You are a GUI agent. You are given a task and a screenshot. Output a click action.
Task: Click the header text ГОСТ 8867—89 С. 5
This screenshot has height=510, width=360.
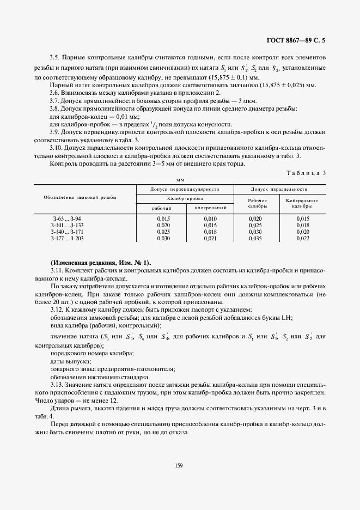299,40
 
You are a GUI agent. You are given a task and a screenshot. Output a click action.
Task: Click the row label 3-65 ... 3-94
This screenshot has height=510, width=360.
66,218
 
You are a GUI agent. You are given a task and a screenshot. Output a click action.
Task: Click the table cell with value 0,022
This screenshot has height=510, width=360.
302,238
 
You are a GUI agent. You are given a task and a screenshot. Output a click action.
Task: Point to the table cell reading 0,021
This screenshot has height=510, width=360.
210,238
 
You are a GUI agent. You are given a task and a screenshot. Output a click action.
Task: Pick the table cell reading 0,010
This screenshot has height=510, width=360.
210,218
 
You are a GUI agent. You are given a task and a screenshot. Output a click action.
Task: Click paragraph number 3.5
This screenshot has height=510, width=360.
54,57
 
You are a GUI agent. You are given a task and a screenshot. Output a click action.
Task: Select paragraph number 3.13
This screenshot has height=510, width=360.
56,385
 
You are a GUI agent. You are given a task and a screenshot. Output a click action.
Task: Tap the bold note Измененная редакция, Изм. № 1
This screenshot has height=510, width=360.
101,263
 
